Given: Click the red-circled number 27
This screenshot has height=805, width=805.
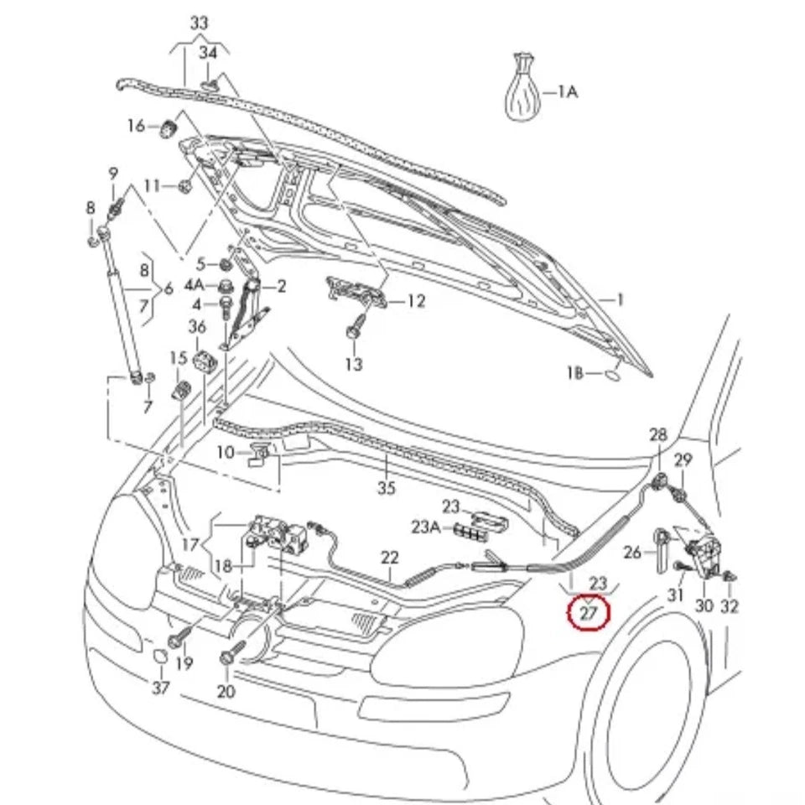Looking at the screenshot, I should tap(589, 613).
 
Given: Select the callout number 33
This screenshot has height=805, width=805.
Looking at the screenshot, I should tap(198, 23).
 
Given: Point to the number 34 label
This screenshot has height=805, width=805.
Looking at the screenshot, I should tap(207, 54).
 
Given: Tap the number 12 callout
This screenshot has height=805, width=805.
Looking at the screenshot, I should tap(416, 301).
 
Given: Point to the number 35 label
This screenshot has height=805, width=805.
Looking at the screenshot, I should tap(386, 488).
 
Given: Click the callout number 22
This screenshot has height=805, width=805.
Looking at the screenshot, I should tap(390, 557).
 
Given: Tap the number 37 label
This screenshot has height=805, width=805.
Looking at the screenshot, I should tap(160, 688).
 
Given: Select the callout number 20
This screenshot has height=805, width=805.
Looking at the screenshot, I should tap(226, 691).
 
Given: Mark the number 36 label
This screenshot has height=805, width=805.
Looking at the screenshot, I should tap(197, 326).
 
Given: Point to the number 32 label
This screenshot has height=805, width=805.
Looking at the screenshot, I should tap(730, 605).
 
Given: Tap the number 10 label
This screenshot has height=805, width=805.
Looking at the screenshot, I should tap(225, 452).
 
